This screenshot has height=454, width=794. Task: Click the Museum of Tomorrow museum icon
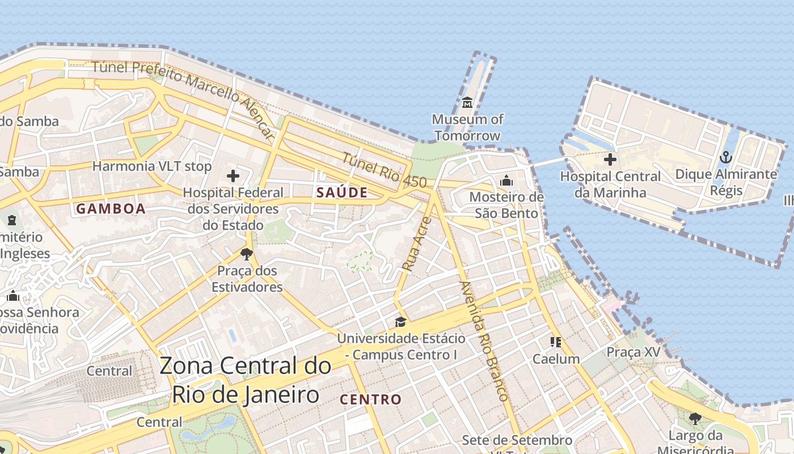point(467,103)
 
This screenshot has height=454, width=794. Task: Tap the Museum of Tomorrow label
point(467,128)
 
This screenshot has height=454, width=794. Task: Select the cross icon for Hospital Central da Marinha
point(610,159)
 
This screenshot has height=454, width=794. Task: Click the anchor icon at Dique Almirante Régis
point(726,157)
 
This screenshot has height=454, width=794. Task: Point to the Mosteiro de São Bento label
point(506,205)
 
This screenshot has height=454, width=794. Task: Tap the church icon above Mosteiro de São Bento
point(506,180)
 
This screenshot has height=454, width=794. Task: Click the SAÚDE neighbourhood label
point(342,192)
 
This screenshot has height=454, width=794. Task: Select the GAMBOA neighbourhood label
point(111,209)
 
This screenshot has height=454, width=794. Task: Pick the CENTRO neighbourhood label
point(370,400)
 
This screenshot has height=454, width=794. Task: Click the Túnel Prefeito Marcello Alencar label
point(184,92)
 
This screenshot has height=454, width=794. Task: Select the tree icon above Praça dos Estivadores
point(246,254)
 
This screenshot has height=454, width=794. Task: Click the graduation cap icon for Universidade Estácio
point(401,322)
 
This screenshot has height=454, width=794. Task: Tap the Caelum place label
point(556,359)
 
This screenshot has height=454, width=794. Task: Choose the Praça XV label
point(633,352)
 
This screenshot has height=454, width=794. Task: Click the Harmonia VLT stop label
point(151,166)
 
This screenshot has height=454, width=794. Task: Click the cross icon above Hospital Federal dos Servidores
point(233,176)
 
